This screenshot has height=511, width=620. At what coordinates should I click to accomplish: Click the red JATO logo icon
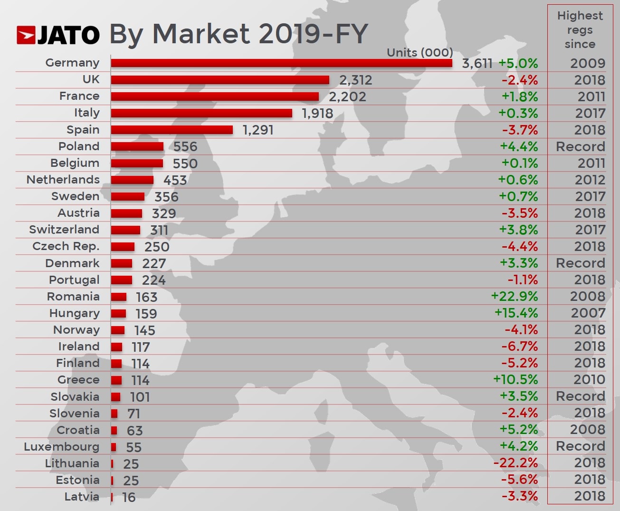[26, 36]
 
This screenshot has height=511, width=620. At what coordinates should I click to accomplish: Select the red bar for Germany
[281, 63]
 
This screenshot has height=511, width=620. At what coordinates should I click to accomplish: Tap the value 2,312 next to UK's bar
[355, 80]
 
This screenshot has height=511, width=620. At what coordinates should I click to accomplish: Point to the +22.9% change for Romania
[515, 297]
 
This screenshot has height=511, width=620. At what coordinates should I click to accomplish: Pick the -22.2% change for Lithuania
[515, 463]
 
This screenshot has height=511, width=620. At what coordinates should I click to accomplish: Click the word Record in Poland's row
[581, 146]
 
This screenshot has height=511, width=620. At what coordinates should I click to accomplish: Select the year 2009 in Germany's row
[588, 63]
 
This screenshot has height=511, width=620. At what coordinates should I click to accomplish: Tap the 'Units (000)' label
[420, 52]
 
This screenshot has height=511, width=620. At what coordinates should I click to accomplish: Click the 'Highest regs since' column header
[580, 30]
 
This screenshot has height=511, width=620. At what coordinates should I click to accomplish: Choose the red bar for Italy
[201, 113]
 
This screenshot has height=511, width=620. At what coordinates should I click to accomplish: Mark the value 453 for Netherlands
[175, 180]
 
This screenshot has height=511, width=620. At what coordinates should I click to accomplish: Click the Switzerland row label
[64, 230]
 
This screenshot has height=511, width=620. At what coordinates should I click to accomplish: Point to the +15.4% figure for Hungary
[516, 313]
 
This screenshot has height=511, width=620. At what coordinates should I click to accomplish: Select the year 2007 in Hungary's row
[588, 313]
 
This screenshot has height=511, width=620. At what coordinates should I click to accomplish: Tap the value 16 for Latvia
[129, 497]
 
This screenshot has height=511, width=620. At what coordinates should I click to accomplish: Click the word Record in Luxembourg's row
[581, 446]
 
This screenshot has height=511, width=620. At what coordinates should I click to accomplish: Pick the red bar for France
[215, 96]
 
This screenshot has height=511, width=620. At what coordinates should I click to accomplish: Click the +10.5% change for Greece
[515, 380]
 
